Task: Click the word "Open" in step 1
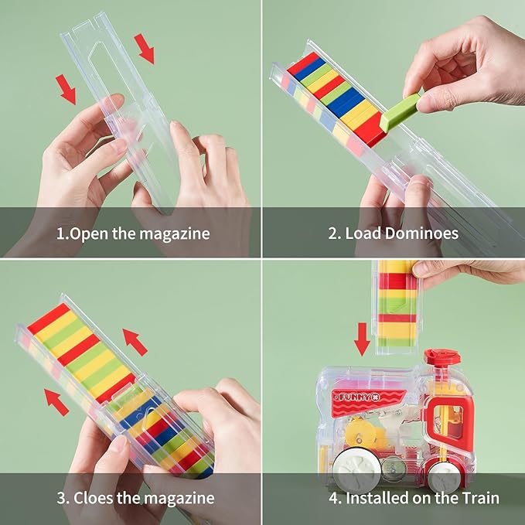(x=89, y=234)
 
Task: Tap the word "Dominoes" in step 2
(x=421, y=233)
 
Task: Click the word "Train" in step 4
(x=481, y=497)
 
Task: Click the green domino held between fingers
(x=400, y=111)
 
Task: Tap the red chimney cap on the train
(x=441, y=356)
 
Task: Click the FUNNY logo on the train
(x=356, y=397)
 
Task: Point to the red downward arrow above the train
(x=362, y=339)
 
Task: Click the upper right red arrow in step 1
(x=145, y=49)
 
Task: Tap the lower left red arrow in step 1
(x=66, y=90)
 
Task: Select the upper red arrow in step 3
(x=135, y=342)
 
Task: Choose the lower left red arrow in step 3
(x=56, y=402)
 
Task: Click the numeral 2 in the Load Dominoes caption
(x=332, y=234)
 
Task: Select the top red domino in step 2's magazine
(x=303, y=63)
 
